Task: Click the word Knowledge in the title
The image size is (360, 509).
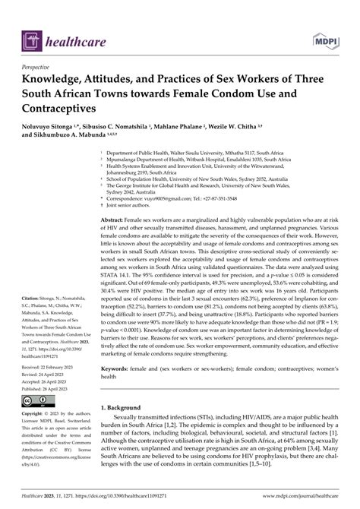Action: (60, 81)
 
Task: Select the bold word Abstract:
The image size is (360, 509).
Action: (116, 218)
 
